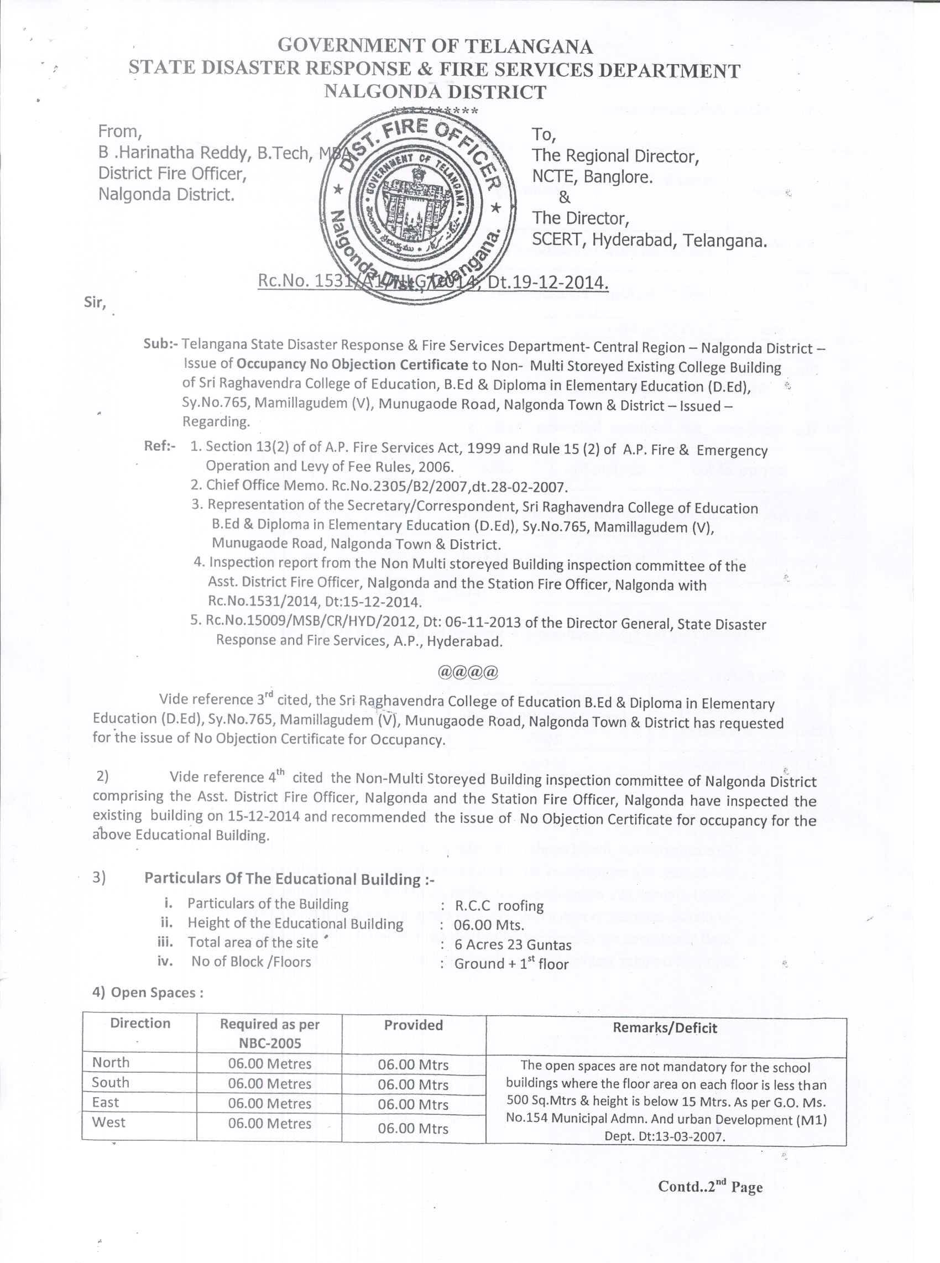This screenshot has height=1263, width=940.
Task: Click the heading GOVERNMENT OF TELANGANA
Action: (x=435, y=45)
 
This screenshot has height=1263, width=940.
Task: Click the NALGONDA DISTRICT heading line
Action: (x=435, y=91)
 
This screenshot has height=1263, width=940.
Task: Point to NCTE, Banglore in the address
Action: (x=592, y=177)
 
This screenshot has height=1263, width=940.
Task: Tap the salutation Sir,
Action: (x=96, y=302)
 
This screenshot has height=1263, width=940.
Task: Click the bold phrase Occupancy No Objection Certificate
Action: (x=353, y=364)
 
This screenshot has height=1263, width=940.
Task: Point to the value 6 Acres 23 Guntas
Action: (x=513, y=945)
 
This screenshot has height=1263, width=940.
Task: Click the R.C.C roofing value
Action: (x=500, y=906)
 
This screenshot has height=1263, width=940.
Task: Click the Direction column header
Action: (x=140, y=1024)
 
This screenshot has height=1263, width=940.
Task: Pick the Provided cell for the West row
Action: (x=413, y=1128)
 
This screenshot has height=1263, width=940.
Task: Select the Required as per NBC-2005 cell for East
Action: (x=270, y=1104)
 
